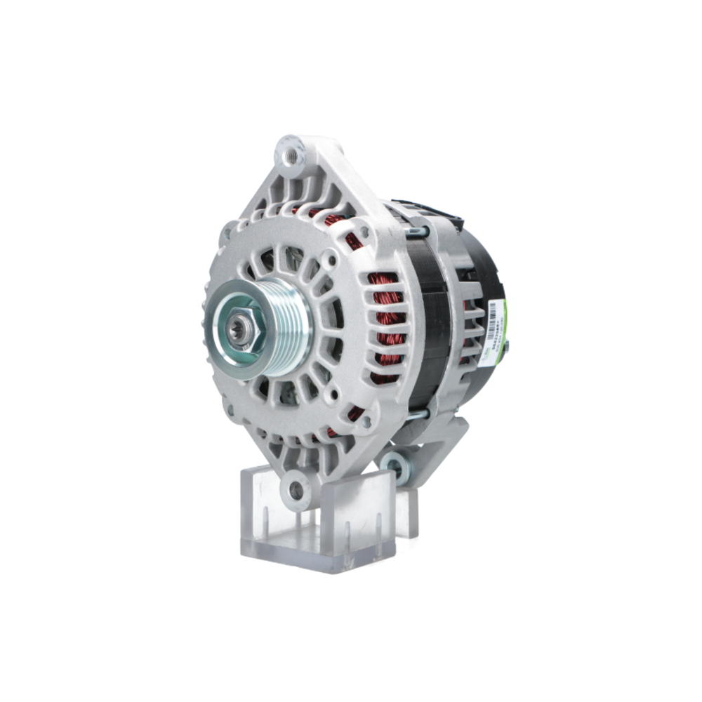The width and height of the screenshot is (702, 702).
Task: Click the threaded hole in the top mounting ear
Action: click(x=289, y=152)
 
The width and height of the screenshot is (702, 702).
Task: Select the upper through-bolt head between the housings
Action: click(x=416, y=231)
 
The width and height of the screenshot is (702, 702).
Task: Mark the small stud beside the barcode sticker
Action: click(x=507, y=343)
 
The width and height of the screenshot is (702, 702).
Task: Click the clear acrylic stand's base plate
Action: click(x=316, y=544)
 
